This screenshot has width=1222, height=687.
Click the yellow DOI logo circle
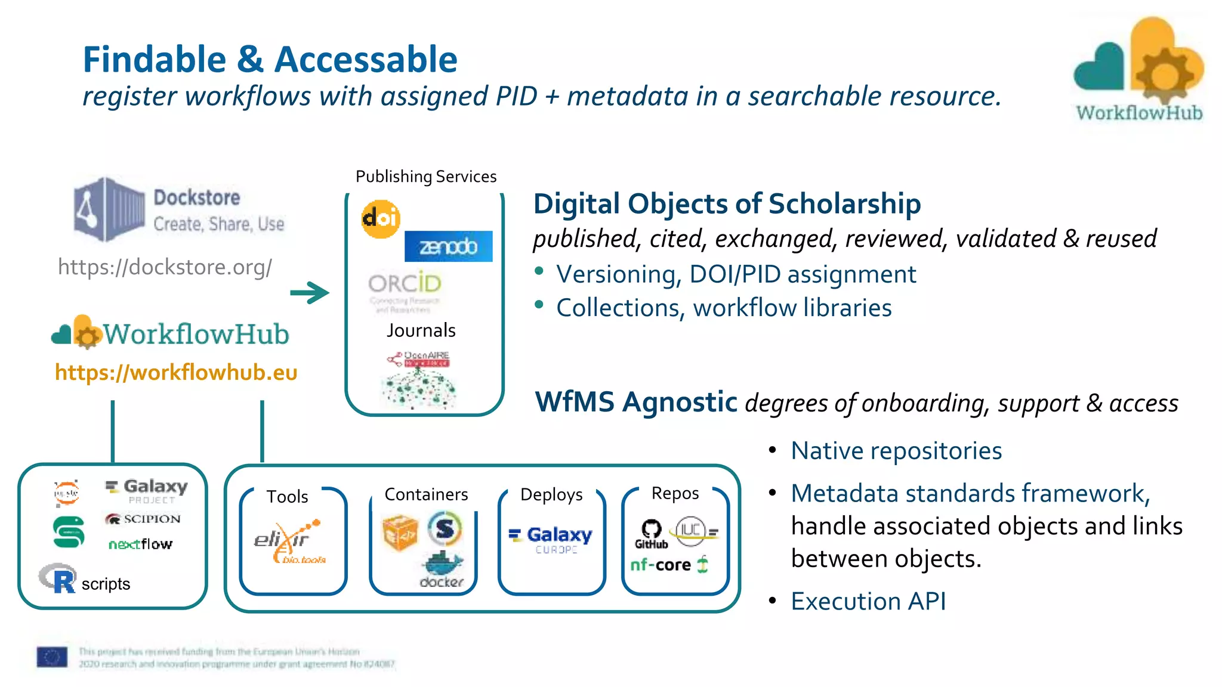380,219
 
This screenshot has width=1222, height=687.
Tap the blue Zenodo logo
449,246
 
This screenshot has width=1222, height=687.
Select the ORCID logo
405,284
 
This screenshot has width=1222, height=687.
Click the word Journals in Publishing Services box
421,330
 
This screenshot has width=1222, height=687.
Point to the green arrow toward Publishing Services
310,292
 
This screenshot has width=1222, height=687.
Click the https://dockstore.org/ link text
165,267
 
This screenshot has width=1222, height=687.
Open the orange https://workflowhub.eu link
176,373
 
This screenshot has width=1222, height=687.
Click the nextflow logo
140,544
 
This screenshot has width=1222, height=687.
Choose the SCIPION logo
143,519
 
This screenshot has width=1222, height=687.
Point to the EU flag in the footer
52,657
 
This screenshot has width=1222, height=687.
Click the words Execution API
868,601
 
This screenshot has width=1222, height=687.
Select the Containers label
426,494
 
